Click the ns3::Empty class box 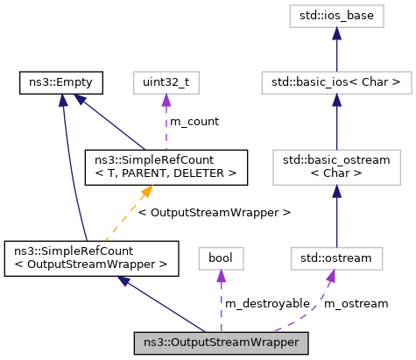60,83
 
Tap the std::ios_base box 336,17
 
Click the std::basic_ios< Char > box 336,83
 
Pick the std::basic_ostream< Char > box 336,166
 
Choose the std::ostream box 336,258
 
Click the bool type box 221,258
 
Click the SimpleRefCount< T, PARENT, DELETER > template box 165,166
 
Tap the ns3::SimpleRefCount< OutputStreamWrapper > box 91,258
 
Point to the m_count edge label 194,121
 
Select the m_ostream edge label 356,302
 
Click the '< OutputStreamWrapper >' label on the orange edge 215,212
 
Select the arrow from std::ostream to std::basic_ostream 336,215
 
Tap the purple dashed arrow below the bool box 221,298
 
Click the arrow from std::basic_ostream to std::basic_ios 336,123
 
